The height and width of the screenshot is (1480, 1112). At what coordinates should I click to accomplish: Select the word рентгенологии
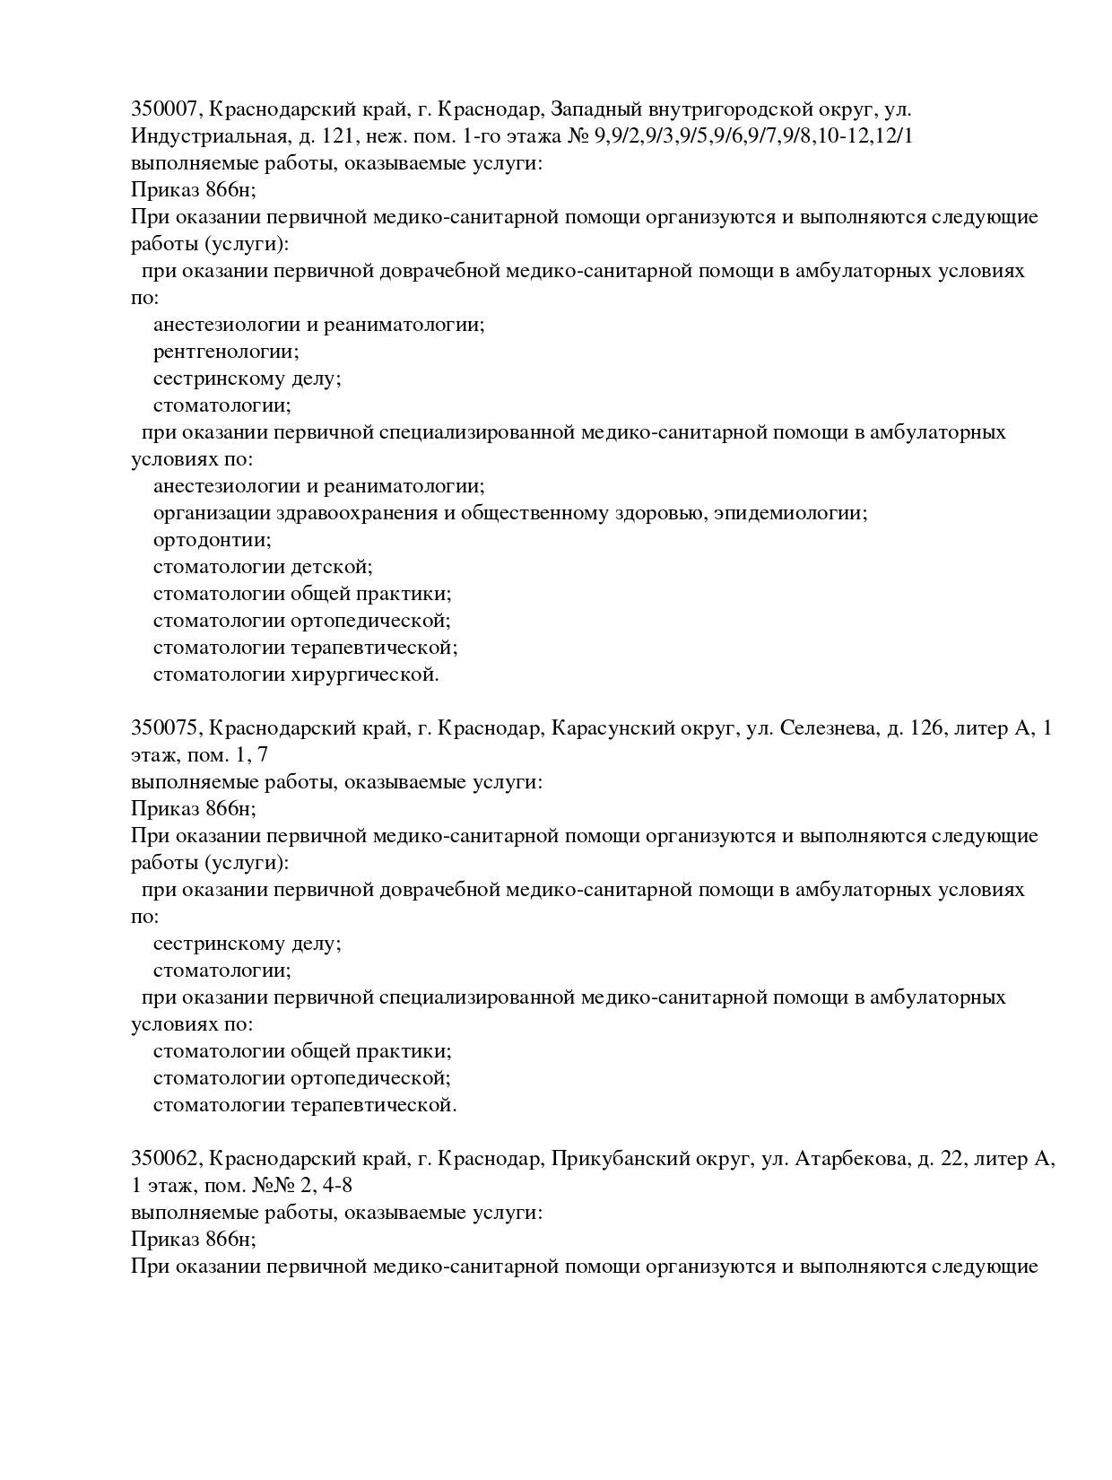tap(226, 352)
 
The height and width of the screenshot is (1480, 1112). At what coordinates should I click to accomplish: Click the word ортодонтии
tap(212, 540)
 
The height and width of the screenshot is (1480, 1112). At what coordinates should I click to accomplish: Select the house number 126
tap(927, 728)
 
